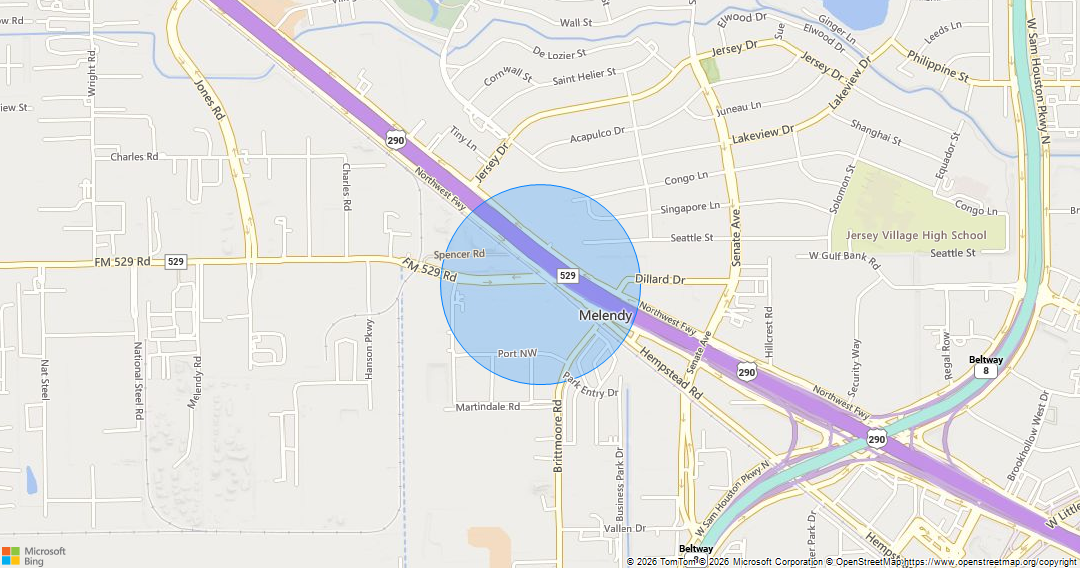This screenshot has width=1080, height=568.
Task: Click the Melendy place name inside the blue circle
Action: coord(605,315)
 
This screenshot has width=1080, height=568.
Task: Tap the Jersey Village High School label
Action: coord(916,236)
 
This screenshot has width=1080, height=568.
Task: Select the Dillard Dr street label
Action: coord(659,281)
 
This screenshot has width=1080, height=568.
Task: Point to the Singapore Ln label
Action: coord(690,208)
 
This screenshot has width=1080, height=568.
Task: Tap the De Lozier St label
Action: coord(564,53)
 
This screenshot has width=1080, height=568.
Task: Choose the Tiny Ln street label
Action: coord(462,139)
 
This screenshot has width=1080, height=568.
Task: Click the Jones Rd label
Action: coord(209,100)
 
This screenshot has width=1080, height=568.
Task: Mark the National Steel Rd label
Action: coord(138,381)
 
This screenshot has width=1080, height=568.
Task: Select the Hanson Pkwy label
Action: coord(369,348)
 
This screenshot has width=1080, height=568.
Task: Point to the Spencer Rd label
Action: coord(459,254)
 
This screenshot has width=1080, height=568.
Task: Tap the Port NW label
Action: coord(517,354)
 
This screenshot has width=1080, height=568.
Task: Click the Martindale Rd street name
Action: coord(488,407)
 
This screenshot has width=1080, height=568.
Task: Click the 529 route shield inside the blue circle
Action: coord(567,275)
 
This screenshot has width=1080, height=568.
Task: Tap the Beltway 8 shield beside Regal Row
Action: coord(986,366)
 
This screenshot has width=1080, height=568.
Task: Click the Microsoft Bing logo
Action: coord(34,556)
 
